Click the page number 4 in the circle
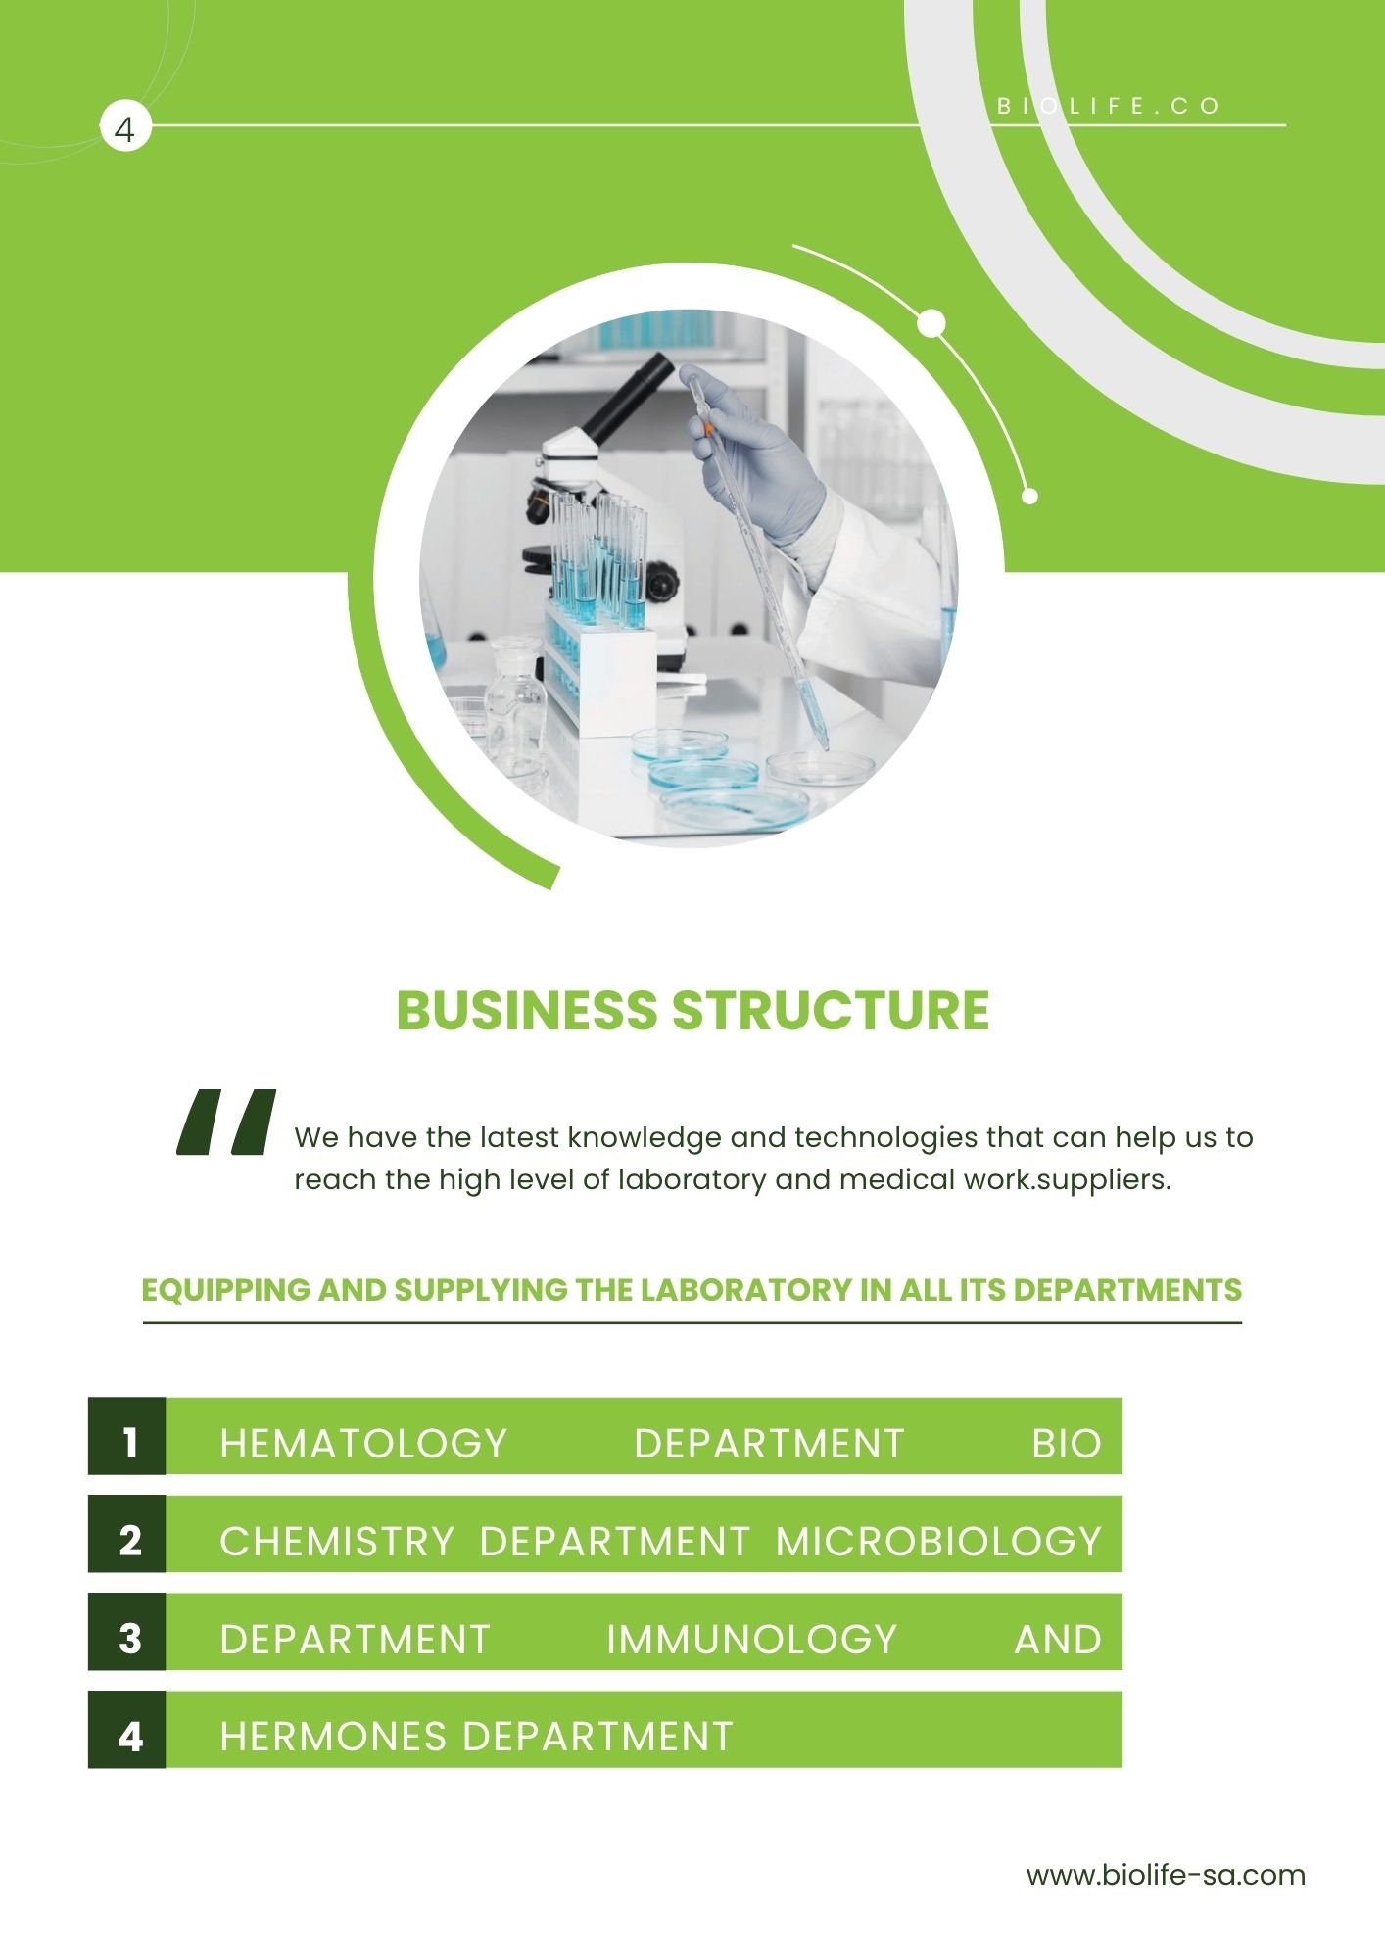[x=125, y=128]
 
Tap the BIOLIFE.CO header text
[x=1109, y=106]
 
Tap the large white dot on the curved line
[x=932, y=322]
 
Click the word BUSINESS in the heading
[x=527, y=1010]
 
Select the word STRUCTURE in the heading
[x=831, y=1010]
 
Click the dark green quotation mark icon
[x=226, y=1122]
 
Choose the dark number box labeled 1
[x=127, y=1436]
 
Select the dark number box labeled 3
[x=127, y=1632]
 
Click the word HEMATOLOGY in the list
[x=363, y=1444]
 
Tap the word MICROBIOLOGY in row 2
[x=938, y=1542]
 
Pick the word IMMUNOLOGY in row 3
[x=752, y=1640]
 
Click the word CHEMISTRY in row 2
[x=337, y=1542]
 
